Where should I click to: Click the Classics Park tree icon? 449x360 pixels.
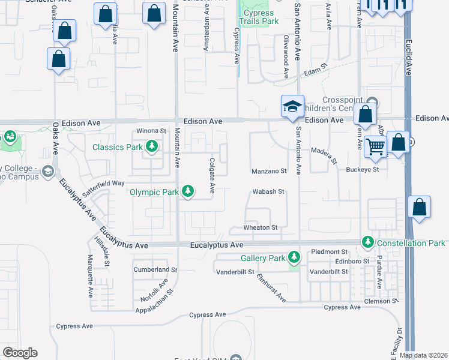point(152,146)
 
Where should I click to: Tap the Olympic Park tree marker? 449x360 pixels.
point(188,191)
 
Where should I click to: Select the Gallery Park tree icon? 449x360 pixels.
point(294,258)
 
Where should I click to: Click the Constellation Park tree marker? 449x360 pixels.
point(368,242)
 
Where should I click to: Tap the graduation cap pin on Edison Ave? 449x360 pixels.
point(293,107)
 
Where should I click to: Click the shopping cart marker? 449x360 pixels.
point(376,146)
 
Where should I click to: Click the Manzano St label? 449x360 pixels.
point(269,171)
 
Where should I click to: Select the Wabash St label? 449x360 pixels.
point(268,192)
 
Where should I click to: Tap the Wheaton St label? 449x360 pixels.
point(261,228)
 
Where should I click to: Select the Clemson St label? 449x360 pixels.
point(382,301)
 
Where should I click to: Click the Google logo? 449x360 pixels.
point(20,353)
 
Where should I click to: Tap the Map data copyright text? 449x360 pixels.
point(423,355)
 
